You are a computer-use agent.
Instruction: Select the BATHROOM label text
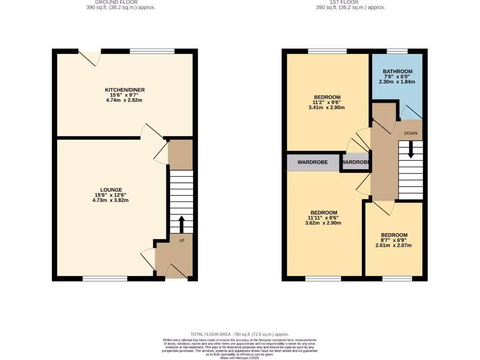(397, 72)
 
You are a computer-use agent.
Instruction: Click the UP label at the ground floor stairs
(181, 240)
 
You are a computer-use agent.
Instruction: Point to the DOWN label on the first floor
(411, 133)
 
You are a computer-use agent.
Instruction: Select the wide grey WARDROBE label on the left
(312, 162)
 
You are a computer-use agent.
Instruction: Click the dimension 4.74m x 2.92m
(124, 100)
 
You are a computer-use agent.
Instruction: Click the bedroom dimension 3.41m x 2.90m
(327, 108)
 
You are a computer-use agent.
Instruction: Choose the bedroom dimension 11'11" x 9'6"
(323, 217)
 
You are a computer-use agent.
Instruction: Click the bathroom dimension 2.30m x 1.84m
(397, 82)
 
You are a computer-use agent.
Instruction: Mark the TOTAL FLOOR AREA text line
(240, 334)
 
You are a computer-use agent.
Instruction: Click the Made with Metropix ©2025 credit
(240, 358)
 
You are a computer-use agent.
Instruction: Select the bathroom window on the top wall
(397, 51)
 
